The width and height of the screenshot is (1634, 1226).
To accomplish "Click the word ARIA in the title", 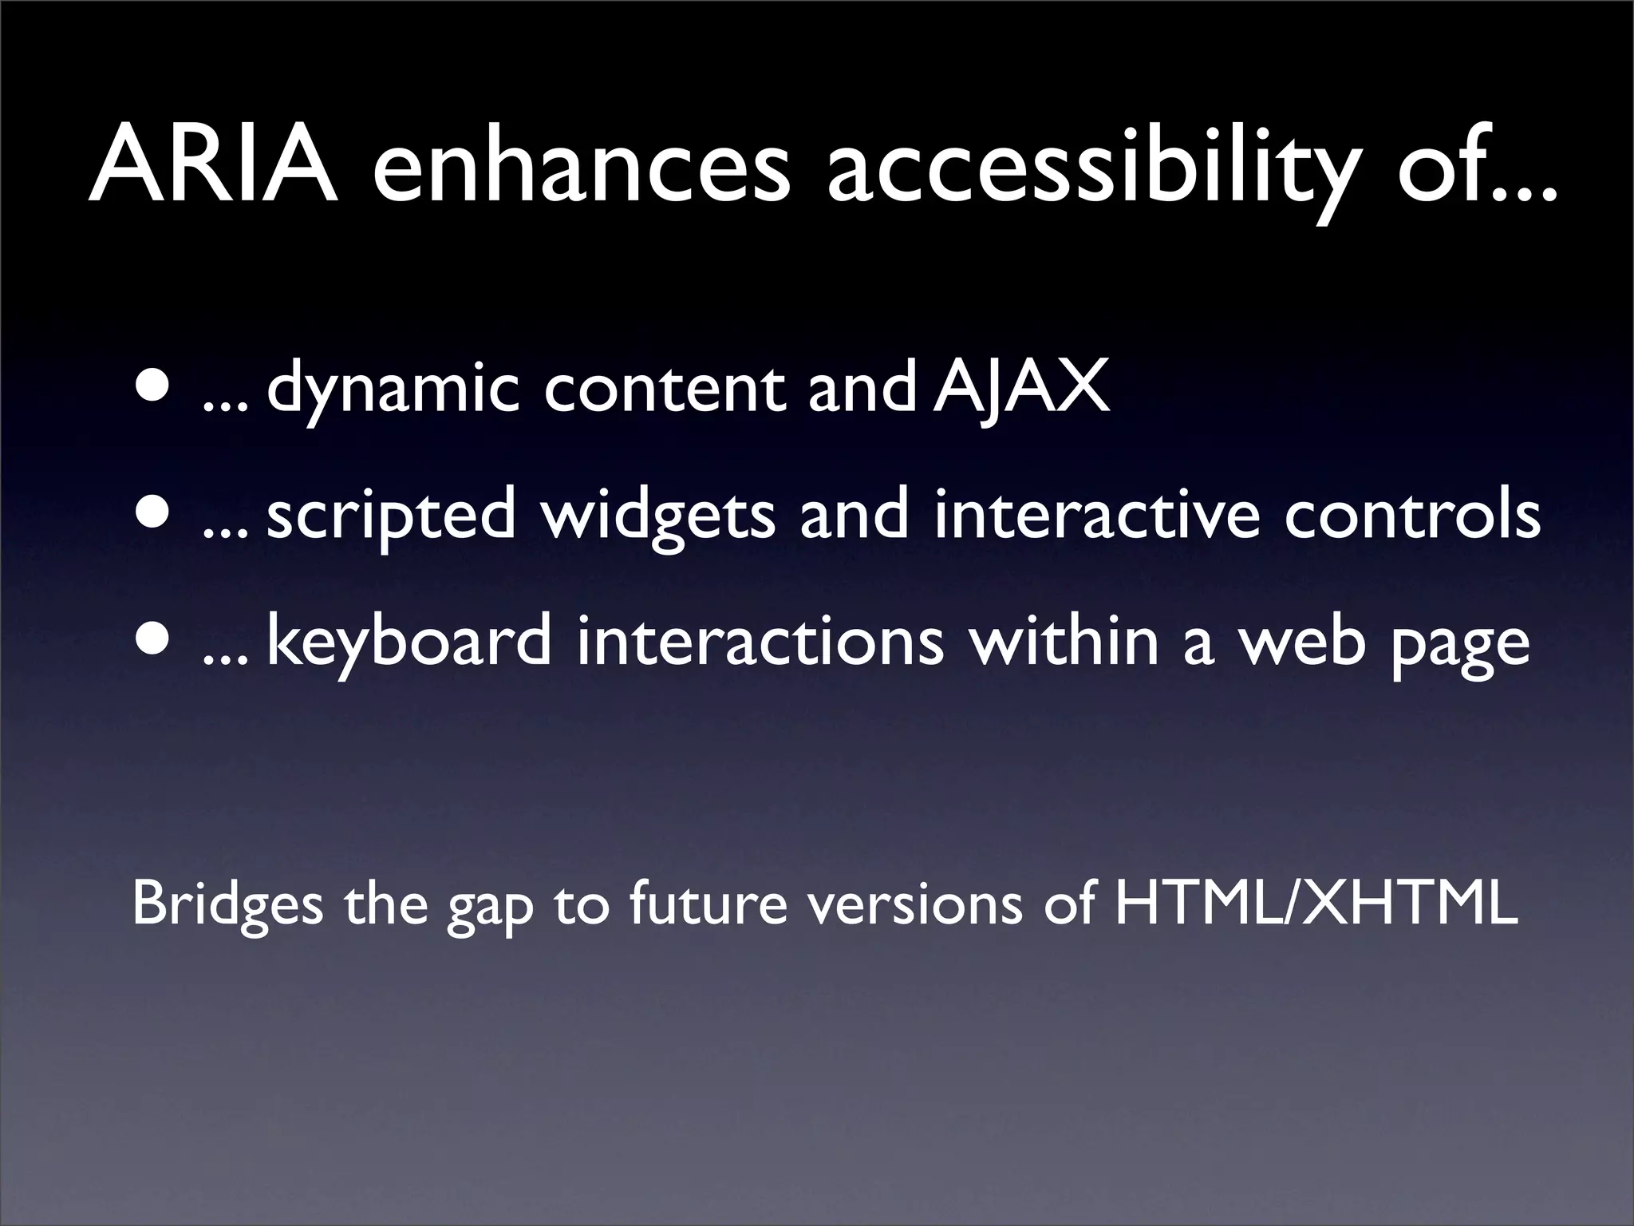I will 212,164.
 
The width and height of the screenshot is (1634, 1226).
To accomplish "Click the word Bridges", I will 227,907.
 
